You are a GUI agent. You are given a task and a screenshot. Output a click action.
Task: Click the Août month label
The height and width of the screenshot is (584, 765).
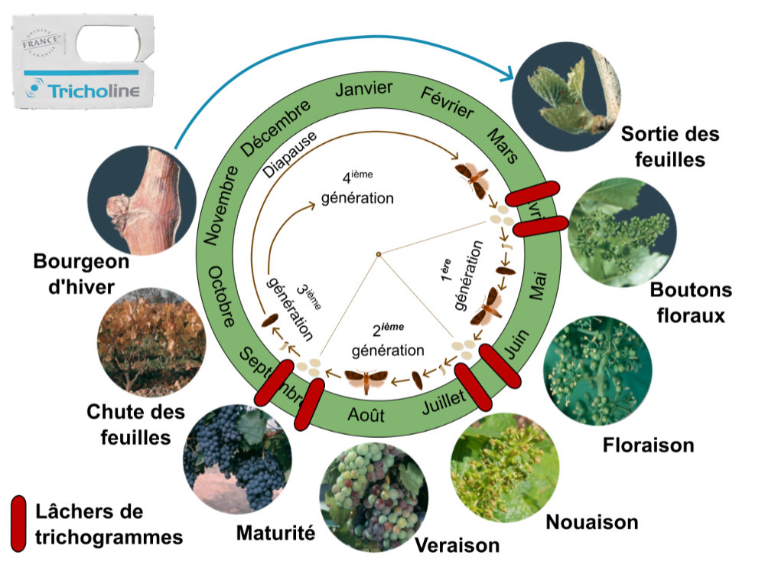click(366, 416)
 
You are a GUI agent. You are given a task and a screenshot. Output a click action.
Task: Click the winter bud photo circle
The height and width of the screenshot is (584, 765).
click(136, 197)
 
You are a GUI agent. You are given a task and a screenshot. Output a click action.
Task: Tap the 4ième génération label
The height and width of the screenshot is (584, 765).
click(357, 187)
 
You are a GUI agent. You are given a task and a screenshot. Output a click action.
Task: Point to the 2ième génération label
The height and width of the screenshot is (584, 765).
click(388, 340)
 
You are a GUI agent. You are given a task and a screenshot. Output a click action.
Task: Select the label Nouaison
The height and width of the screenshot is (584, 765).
click(591, 522)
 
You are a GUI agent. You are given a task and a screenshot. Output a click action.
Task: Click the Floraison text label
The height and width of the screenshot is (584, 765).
click(648, 444)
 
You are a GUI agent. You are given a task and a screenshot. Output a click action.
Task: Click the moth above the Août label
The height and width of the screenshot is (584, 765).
click(366, 378)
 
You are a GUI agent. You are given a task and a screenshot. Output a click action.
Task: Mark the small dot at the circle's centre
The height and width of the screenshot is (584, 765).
click(378, 254)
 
